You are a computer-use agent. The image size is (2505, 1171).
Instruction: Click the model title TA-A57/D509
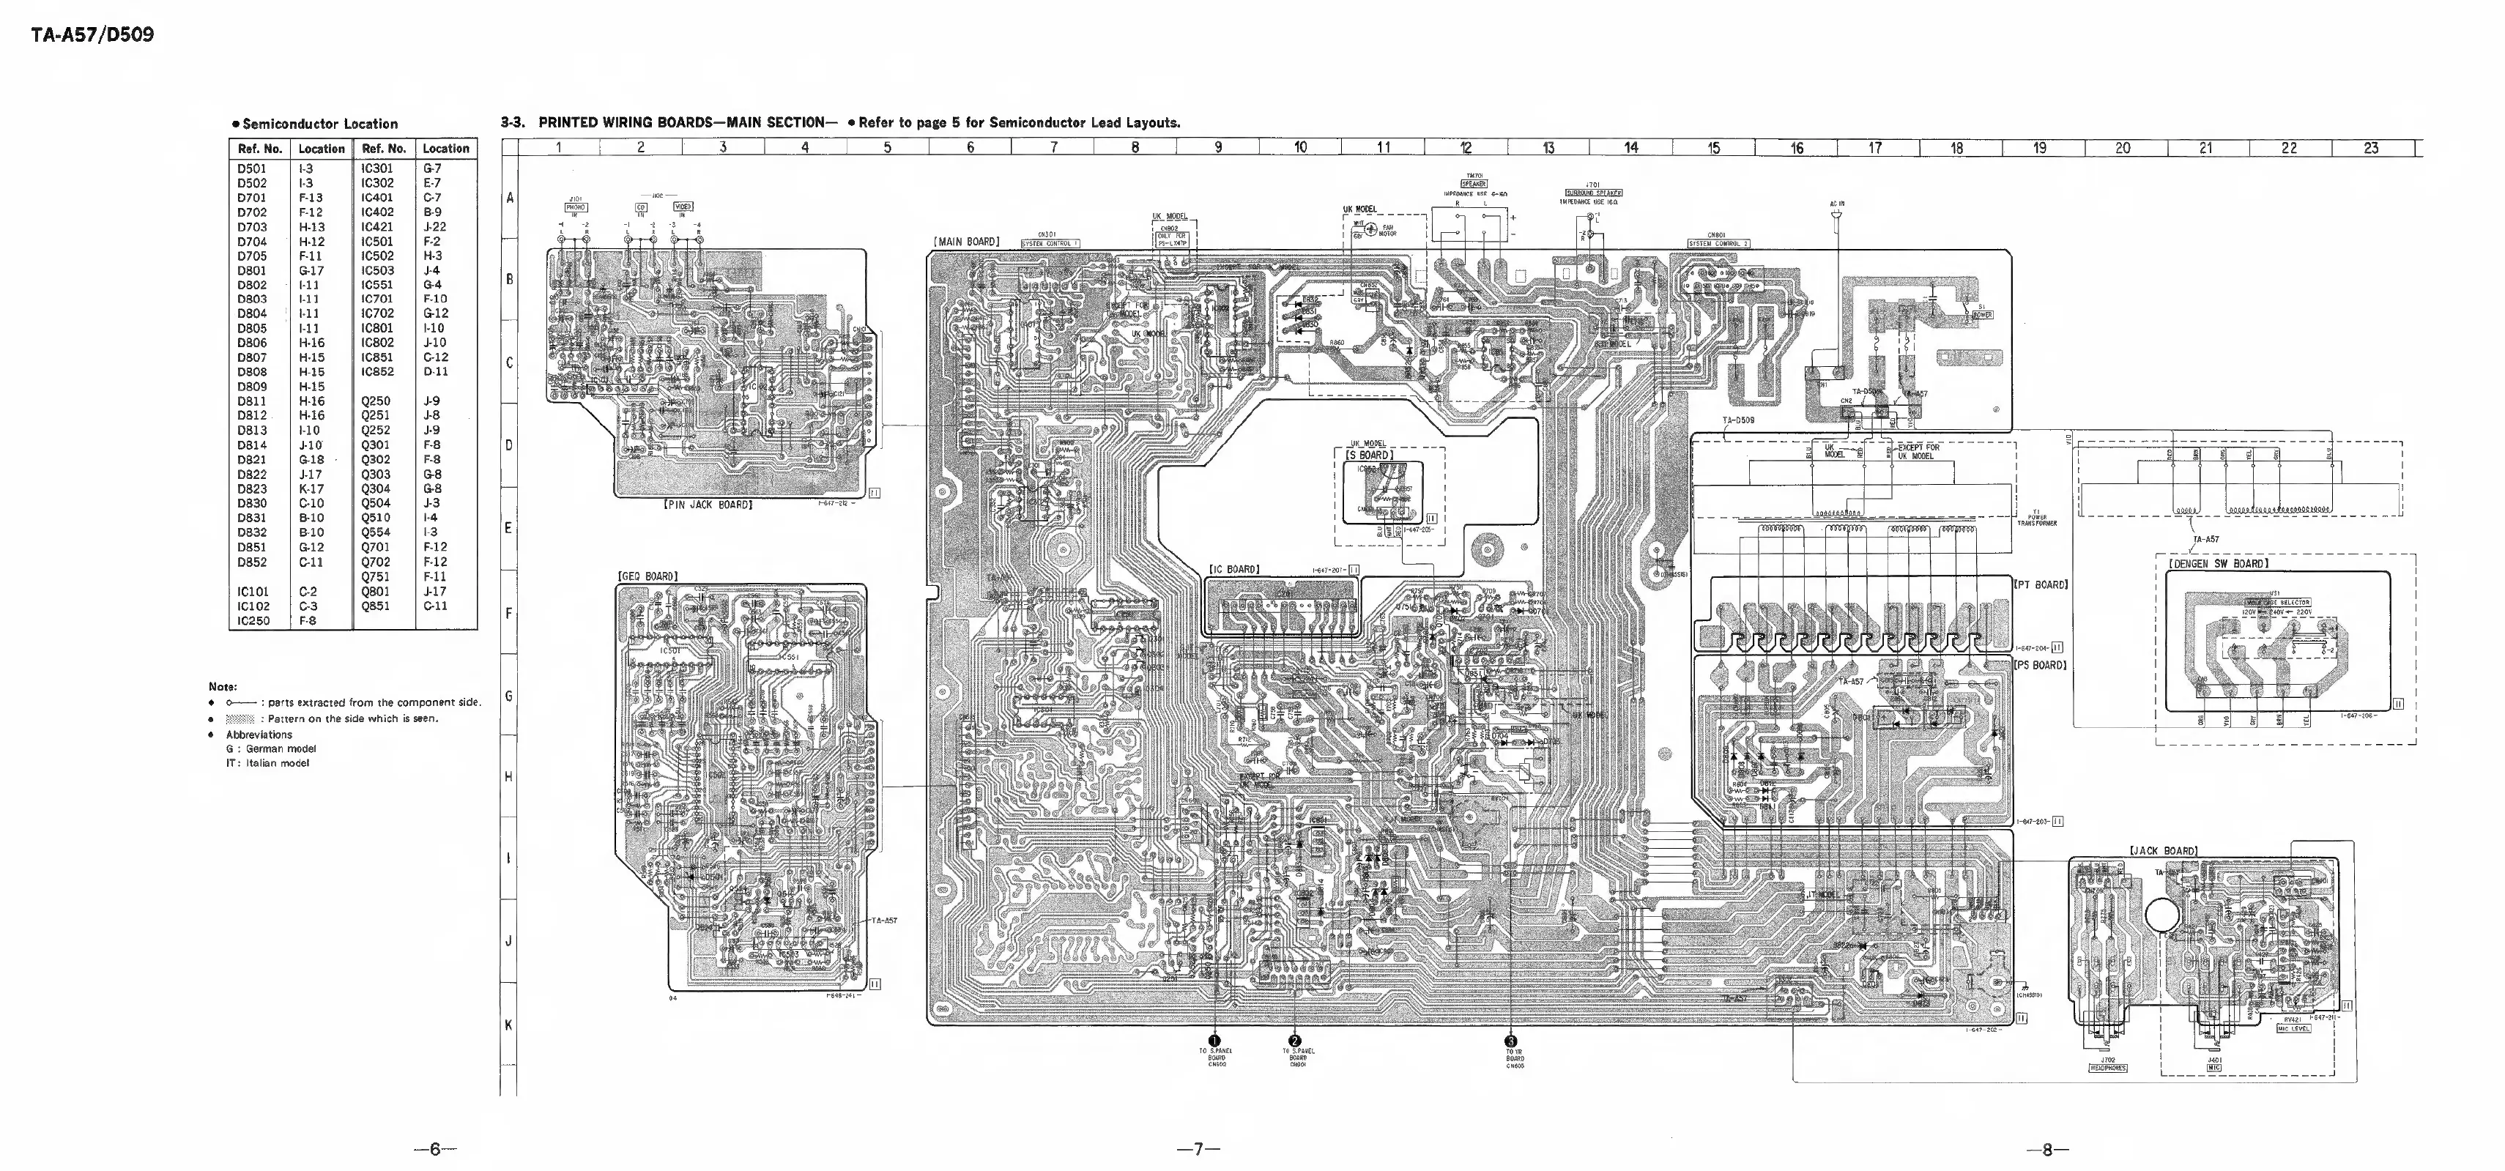click(92, 36)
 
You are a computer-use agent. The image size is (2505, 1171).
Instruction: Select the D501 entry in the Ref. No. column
click(252, 168)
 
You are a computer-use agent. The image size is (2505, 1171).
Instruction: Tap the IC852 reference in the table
click(377, 371)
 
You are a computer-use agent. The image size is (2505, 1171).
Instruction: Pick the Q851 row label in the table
click(375, 605)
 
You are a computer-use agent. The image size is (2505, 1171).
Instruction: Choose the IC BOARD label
click(1234, 569)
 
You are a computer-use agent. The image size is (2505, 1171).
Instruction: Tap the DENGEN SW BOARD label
click(2218, 563)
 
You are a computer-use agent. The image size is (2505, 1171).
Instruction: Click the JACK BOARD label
click(2164, 851)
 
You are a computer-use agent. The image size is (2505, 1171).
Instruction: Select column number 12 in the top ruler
click(1466, 148)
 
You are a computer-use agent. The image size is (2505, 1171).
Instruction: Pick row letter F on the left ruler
click(508, 614)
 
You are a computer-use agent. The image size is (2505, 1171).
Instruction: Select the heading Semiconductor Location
click(315, 124)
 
